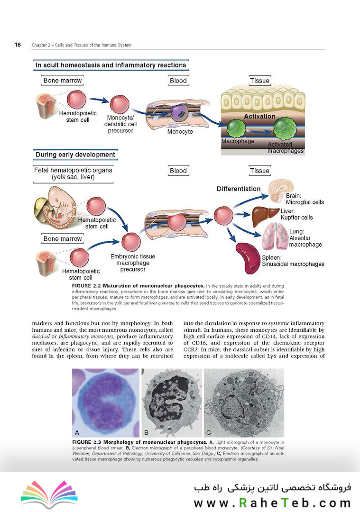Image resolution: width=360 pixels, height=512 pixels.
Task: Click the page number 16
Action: pos(18,45)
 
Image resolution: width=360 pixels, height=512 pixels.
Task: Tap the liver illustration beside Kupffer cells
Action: pos(266,216)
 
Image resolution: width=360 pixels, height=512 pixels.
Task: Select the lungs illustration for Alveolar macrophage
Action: pos(275,237)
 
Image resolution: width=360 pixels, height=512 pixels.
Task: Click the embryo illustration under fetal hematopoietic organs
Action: pos(55,207)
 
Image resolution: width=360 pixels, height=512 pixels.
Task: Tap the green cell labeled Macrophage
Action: pos(236,128)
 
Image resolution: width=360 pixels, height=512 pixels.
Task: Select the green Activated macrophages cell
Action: pos(285,128)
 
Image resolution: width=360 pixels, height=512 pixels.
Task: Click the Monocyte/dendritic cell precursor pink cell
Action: pos(120,104)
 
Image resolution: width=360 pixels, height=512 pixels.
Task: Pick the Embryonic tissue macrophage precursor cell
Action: pos(131,242)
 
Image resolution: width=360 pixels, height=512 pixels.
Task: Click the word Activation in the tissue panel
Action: pos(260,116)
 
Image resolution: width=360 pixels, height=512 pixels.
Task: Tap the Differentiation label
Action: pos(239,189)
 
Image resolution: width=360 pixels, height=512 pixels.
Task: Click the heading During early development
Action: pos(75,155)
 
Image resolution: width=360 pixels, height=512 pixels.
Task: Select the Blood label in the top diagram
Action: pos(178,81)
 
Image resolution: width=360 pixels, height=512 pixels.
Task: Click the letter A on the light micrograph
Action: pos(77,433)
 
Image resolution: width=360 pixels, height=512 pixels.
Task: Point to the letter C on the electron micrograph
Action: pos(208,433)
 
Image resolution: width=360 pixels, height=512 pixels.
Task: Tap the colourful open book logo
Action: pos(49,494)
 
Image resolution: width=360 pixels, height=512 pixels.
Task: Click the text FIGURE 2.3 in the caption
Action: pos(87,442)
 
